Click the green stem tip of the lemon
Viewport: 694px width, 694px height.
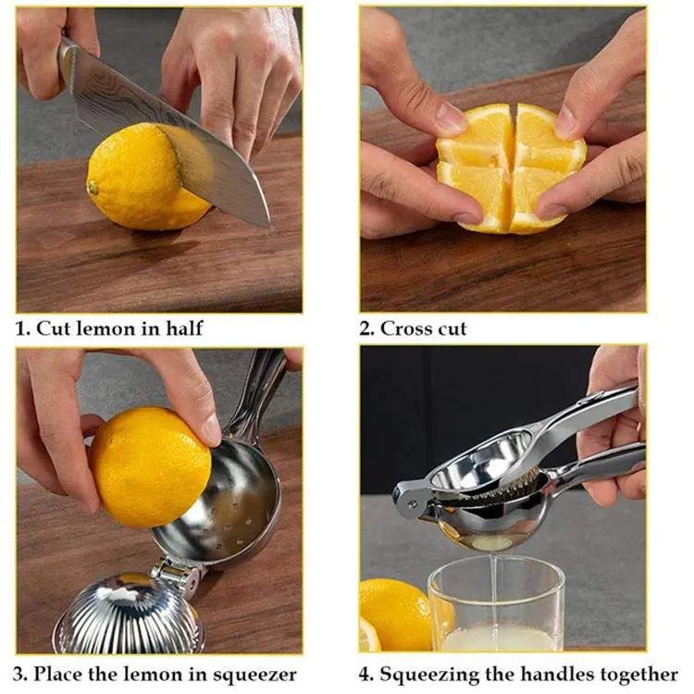coord(93,188)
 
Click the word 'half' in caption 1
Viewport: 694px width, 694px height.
coord(183,328)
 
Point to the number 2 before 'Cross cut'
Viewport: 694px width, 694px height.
coord(366,328)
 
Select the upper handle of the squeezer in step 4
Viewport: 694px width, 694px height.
coord(592,407)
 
